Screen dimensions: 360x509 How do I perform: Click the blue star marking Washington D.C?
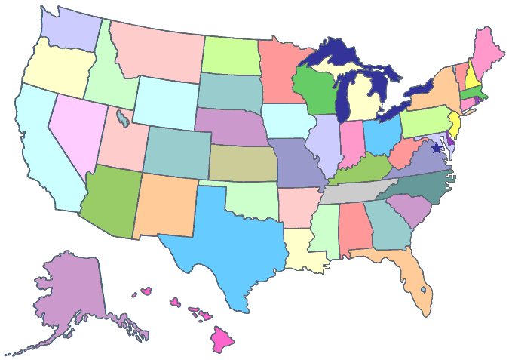(x=437, y=148)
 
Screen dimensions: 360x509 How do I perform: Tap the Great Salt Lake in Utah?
(x=122, y=118)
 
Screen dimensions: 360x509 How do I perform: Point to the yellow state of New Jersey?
(x=455, y=122)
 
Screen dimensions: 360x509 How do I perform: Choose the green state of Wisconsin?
(x=317, y=94)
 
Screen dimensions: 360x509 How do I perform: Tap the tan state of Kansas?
(x=241, y=163)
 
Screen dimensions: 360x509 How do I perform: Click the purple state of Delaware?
(x=450, y=140)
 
